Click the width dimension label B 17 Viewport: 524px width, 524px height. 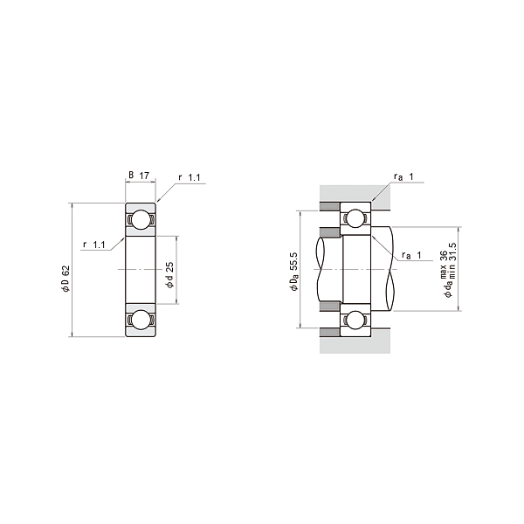click(x=139, y=176)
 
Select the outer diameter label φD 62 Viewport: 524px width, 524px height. click(x=65, y=279)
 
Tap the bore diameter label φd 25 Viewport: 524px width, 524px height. click(x=169, y=275)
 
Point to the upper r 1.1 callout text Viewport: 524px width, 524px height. click(x=190, y=177)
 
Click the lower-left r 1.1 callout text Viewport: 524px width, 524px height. click(x=94, y=245)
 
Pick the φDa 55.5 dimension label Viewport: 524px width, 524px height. click(x=293, y=271)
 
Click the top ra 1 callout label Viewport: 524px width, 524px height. click(x=403, y=176)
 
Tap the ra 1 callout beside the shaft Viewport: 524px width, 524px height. click(x=411, y=255)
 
